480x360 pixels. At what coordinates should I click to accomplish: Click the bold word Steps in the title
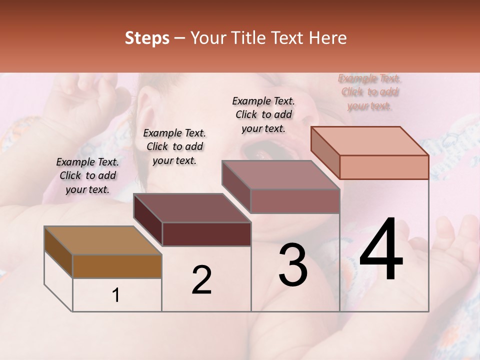point(147,38)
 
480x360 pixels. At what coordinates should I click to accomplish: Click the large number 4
point(381,251)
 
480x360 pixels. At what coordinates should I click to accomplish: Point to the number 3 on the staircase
point(292,265)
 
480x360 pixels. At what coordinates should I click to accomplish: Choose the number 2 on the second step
point(201,280)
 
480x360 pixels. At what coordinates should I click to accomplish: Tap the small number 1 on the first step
point(116,295)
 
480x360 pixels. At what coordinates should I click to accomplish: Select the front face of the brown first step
point(117,266)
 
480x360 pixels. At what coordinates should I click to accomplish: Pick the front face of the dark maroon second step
point(206,234)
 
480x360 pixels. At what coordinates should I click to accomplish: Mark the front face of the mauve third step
point(295,201)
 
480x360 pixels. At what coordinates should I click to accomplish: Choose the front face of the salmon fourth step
point(384,167)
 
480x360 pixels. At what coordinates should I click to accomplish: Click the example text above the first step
point(87,176)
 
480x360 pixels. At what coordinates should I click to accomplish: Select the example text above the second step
point(174,146)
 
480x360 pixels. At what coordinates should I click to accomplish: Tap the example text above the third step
point(263,114)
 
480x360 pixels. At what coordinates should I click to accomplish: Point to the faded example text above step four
point(369,92)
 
